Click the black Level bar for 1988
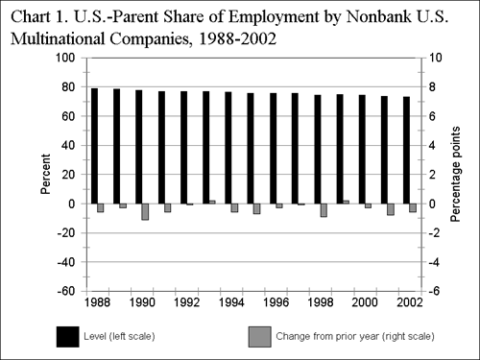[x=94, y=145]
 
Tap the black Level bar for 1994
[x=228, y=148]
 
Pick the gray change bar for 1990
[x=145, y=211]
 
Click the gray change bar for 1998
[x=324, y=210]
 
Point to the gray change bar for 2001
[x=391, y=209]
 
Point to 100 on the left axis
[x=63, y=58]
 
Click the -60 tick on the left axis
[x=63, y=291]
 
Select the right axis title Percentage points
[x=456, y=175]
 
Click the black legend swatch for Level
[x=68, y=336]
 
